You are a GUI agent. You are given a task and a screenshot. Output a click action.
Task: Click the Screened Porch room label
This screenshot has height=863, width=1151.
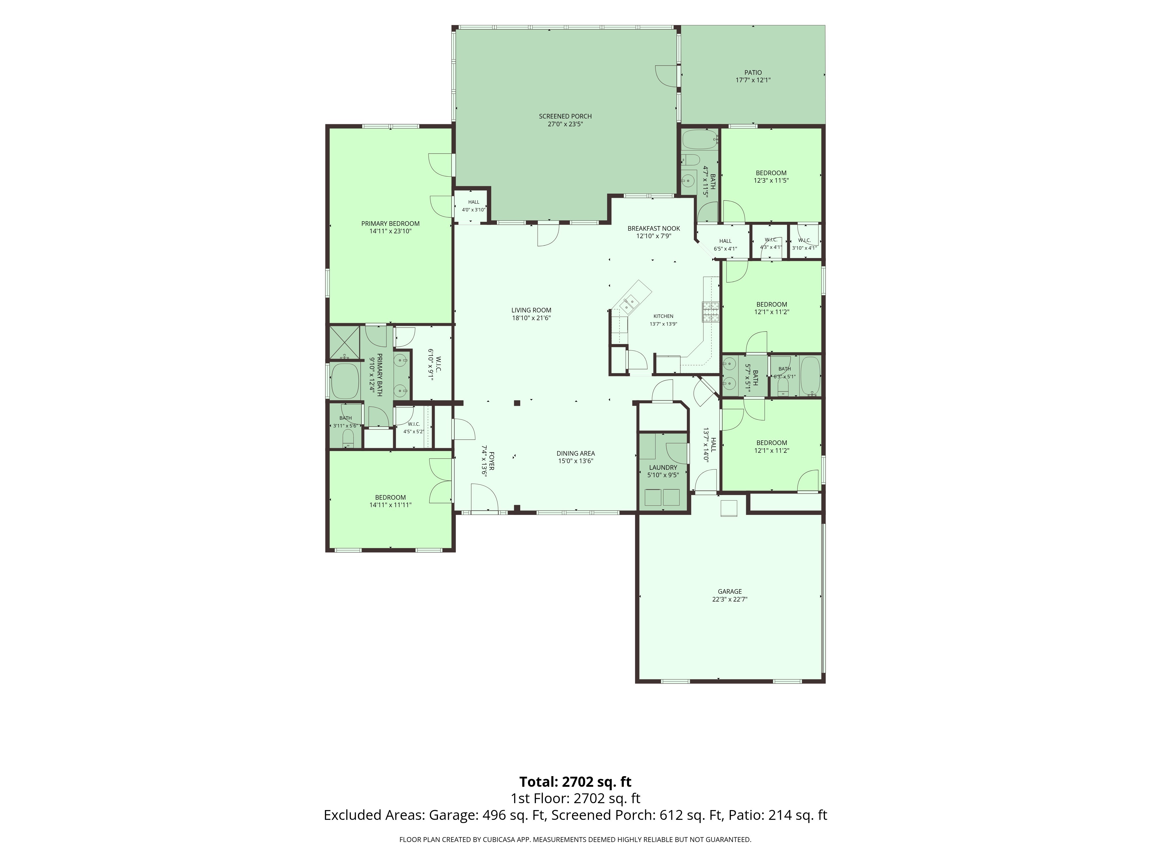coord(565,116)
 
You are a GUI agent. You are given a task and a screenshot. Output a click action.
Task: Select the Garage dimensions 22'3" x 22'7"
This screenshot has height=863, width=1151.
coord(729,599)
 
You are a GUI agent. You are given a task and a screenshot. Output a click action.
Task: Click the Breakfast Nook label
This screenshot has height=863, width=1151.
coord(653,228)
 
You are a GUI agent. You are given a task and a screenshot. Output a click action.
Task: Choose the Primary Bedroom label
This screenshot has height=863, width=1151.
coord(390,224)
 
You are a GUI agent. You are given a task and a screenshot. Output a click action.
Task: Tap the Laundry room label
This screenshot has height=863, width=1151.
coord(663,467)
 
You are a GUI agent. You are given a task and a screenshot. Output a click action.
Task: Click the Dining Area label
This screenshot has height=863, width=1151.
coord(575,453)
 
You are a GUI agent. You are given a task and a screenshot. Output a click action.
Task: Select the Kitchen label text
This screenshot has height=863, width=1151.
coord(664,316)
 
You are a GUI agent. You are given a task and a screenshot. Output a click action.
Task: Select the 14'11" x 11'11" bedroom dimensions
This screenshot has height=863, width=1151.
coord(390,505)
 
